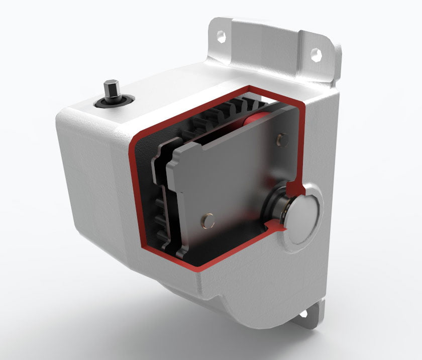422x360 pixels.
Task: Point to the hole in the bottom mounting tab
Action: coord(304,315)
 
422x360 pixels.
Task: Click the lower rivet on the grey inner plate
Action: coord(206,220)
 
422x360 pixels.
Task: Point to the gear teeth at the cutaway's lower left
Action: coord(162,216)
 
